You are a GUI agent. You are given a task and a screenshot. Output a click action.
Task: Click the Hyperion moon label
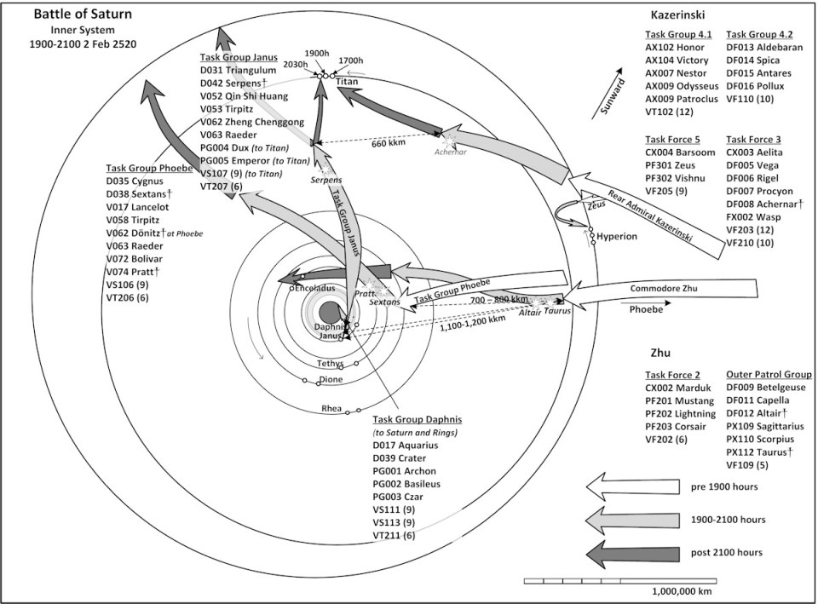(x=616, y=236)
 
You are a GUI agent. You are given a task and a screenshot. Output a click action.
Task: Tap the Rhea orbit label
(x=331, y=408)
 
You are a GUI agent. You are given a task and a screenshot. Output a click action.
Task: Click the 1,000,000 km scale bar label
(x=682, y=591)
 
